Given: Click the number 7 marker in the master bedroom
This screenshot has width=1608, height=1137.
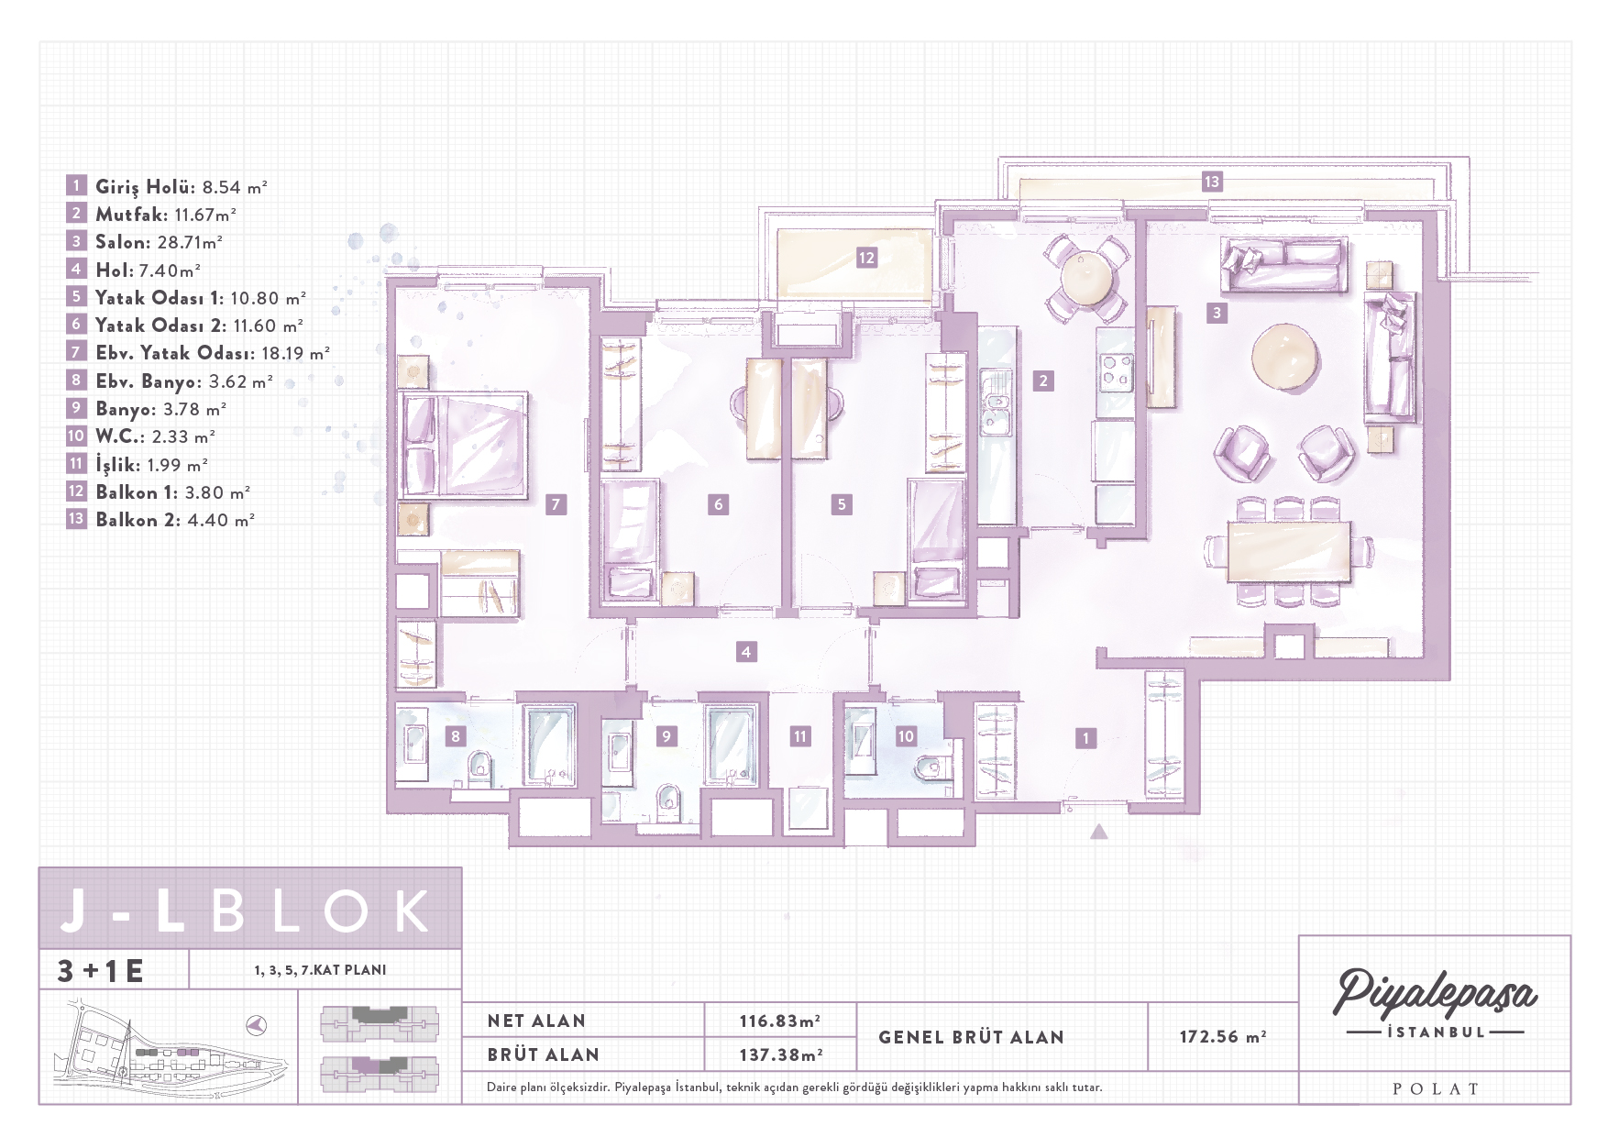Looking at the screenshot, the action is [x=556, y=504].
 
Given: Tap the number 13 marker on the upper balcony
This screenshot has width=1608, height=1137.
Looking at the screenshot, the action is [x=1212, y=182].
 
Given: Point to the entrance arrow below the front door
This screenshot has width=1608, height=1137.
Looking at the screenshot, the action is [x=1099, y=832].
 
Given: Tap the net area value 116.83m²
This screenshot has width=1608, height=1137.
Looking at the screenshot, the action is [x=779, y=1021].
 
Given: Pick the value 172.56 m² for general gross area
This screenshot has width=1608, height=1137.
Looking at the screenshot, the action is [x=1223, y=1037].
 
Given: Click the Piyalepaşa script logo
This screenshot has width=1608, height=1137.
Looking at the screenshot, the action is [x=1435, y=994].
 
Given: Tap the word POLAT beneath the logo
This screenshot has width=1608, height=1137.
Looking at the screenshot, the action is [x=1436, y=1089].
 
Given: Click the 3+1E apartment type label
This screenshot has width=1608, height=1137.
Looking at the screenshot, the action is [x=101, y=970].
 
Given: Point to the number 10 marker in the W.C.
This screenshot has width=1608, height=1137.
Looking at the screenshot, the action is [x=906, y=736].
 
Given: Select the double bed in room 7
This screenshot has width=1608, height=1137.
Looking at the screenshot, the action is [x=463, y=445].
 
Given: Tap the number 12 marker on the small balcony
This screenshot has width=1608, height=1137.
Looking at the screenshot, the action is [x=866, y=258].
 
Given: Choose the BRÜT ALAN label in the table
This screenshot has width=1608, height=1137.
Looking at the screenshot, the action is [x=544, y=1055].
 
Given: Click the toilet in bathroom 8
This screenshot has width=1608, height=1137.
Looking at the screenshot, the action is [x=479, y=767].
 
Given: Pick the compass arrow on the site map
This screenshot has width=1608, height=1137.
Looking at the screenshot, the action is [x=257, y=1023].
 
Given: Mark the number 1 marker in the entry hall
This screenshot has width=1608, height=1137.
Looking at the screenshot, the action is [x=1086, y=738].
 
